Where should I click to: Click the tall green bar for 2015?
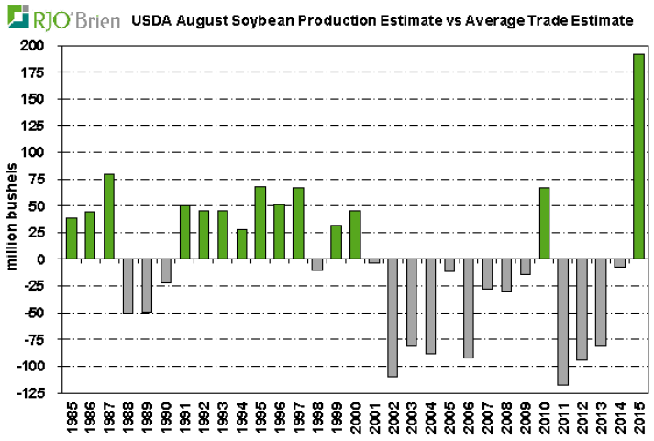pyautogui.click(x=638, y=157)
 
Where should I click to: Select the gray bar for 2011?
pyautogui.click(x=562, y=322)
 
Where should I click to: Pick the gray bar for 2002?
pyautogui.click(x=393, y=318)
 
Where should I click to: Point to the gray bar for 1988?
pyautogui.click(x=127, y=286)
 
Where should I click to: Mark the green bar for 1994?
pyautogui.click(x=241, y=244)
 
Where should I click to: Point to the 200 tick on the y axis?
pyautogui.click(x=42, y=45)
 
